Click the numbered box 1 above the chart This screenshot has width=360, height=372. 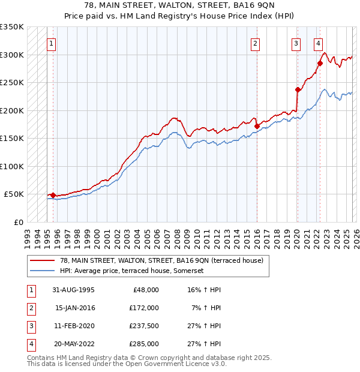point(52,43)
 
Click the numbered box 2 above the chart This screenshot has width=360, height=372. point(256,43)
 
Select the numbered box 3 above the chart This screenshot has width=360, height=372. point(296,43)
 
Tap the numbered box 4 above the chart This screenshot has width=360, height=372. point(318,43)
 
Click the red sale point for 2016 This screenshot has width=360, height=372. point(257,127)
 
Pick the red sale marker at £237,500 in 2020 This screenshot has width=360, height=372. point(298,90)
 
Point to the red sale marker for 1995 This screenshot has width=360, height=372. point(53,195)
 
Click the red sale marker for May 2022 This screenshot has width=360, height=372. point(320,63)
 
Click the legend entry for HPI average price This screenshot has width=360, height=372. point(132,271)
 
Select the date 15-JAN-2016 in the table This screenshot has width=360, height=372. point(75,307)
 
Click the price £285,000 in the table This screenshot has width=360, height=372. point(144,344)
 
